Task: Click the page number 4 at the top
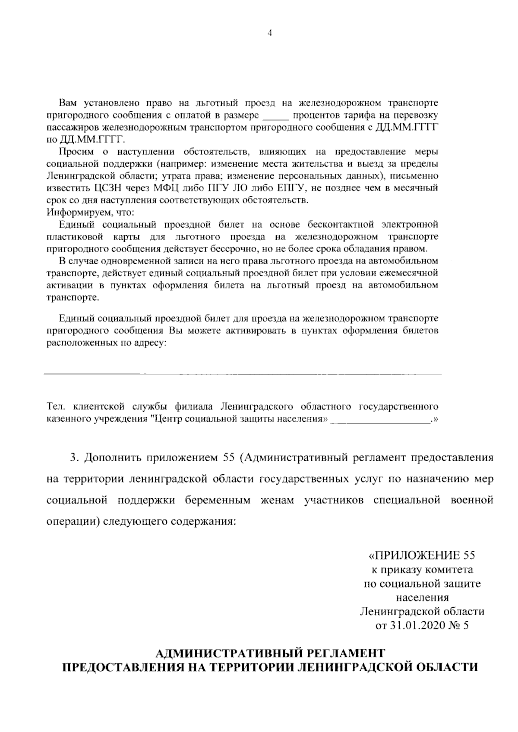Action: [270, 34]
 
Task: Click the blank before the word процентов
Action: [275, 116]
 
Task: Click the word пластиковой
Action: [69, 237]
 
